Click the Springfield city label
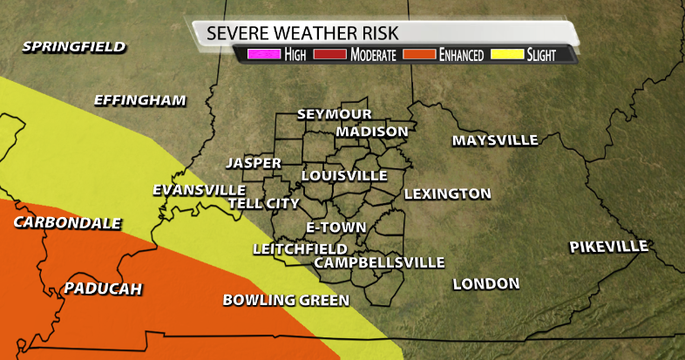click(x=74, y=47)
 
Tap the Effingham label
click(x=140, y=100)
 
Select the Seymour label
click(x=335, y=114)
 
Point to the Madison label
click(x=372, y=132)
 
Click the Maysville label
click(x=495, y=140)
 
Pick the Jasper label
click(x=254, y=163)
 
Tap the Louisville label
click(x=344, y=175)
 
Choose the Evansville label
click(x=199, y=189)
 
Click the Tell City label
click(x=263, y=203)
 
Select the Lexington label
click(x=447, y=194)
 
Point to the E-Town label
click(x=329, y=227)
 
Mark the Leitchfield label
click(x=300, y=248)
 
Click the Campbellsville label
click(x=379, y=262)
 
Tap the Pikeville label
click(x=609, y=247)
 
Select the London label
click(x=486, y=283)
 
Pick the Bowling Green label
click(x=286, y=300)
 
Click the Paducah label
click(x=103, y=289)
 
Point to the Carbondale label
click(x=67, y=223)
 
